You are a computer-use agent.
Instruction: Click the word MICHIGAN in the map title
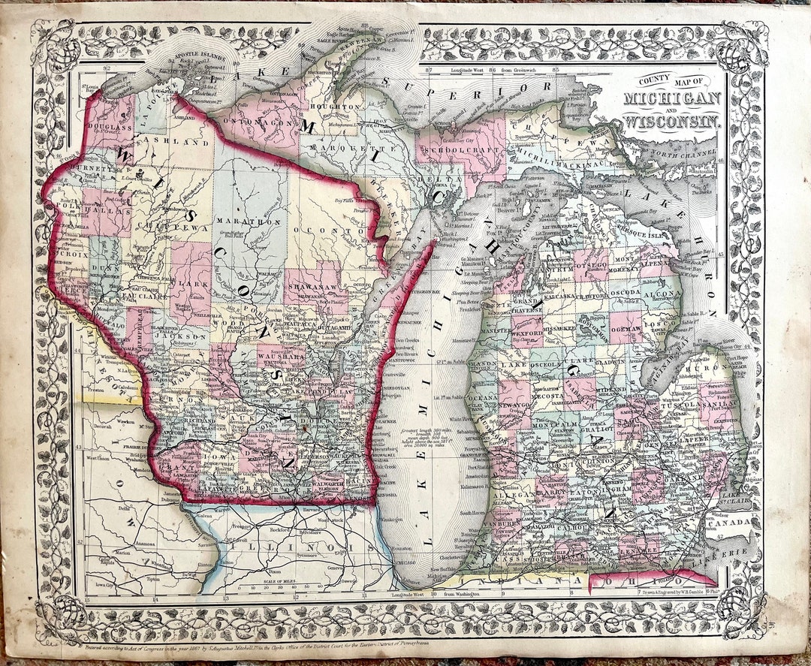click(x=671, y=98)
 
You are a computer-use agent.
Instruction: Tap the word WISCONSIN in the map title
click(x=671, y=118)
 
